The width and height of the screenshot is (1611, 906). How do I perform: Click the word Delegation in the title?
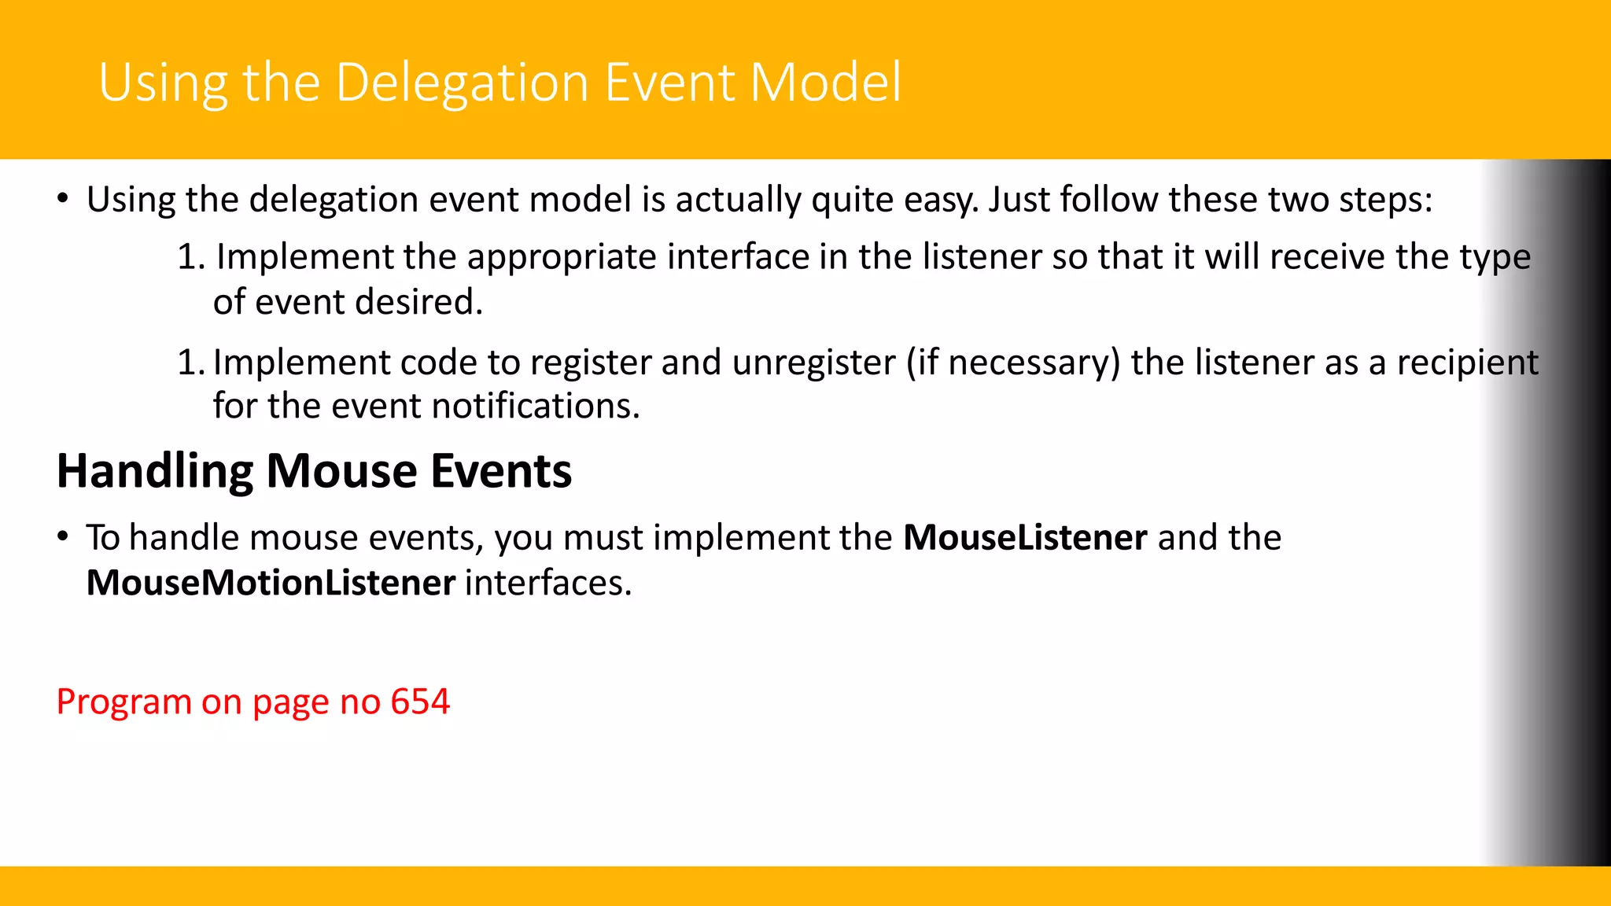(x=462, y=83)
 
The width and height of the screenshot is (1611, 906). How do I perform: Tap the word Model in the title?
(x=825, y=83)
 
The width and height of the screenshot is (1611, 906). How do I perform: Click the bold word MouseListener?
(x=1025, y=538)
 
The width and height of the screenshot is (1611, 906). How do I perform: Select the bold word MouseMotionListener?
(x=271, y=584)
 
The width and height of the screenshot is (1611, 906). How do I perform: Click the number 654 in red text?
(x=420, y=702)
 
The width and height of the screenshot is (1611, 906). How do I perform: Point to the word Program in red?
(x=123, y=702)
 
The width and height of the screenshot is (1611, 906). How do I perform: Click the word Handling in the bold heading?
(x=154, y=472)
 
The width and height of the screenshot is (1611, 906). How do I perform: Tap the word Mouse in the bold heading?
(x=341, y=472)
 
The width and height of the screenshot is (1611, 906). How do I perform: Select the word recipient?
(x=1467, y=363)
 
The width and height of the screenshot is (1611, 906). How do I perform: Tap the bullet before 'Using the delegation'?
(x=63, y=199)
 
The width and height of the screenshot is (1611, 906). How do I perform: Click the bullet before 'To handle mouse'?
(x=63, y=538)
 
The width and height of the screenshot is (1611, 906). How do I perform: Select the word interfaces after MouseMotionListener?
(x=547, y=584)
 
